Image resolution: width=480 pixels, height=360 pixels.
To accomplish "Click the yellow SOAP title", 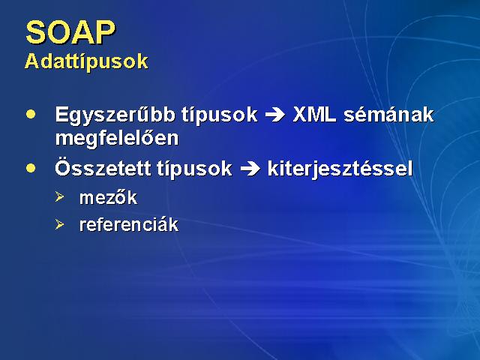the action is coord(70,32).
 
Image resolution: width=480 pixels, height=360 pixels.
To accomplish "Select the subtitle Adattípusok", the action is coord(86,61).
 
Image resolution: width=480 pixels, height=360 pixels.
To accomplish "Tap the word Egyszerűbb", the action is coord(115,116).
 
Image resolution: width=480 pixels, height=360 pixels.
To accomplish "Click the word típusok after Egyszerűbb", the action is coord(219,116).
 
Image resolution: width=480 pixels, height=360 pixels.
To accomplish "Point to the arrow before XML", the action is coord(275,115).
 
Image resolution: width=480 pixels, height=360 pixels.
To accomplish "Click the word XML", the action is coord(314,115).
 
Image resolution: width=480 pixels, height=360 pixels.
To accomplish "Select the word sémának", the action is coord(388,115).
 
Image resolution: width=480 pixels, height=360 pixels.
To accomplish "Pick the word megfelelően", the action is coord(117,139).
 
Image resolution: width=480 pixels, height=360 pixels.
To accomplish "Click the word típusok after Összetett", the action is coord(194,169).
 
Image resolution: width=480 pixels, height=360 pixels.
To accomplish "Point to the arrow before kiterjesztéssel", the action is coord(250,169).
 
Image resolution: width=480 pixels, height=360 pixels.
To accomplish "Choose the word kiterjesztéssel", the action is coord(340,169).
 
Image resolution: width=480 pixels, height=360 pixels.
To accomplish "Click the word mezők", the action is coord(108,197).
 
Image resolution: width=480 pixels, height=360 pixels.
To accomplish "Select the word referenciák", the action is coord(129,225).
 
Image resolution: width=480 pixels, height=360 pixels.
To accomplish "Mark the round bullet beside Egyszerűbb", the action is coord(31,115).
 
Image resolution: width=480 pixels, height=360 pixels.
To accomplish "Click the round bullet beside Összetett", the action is coord(31,168).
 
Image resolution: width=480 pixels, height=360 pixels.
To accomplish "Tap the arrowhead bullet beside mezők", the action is coord(60,196).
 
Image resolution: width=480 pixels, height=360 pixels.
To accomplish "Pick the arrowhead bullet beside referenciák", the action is coord(60,224).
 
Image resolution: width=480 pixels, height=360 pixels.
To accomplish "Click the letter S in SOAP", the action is coord(35,32).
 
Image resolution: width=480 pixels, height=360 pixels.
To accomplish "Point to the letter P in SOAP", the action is coord(106,32).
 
